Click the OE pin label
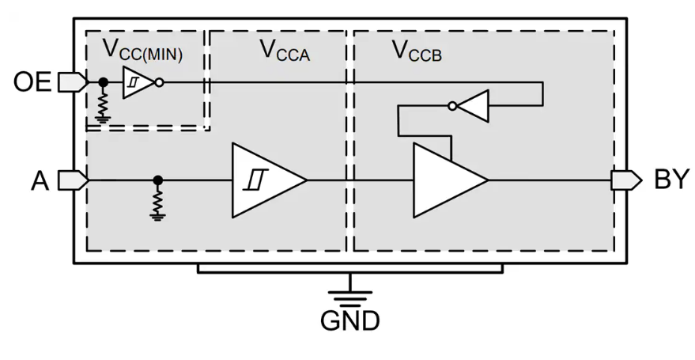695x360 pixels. click(x=32, y=82)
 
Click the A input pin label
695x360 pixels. click(x=40, y=181)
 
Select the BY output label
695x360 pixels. click(x=672, y=180)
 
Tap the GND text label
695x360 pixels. click(x=349, y=320)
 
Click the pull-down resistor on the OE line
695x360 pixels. click(x=102, y=103)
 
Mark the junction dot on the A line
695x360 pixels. click(x=158, y=180)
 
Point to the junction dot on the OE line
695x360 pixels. click(x=102, y=81)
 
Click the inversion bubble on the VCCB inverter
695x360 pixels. click(x=452, y=105)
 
